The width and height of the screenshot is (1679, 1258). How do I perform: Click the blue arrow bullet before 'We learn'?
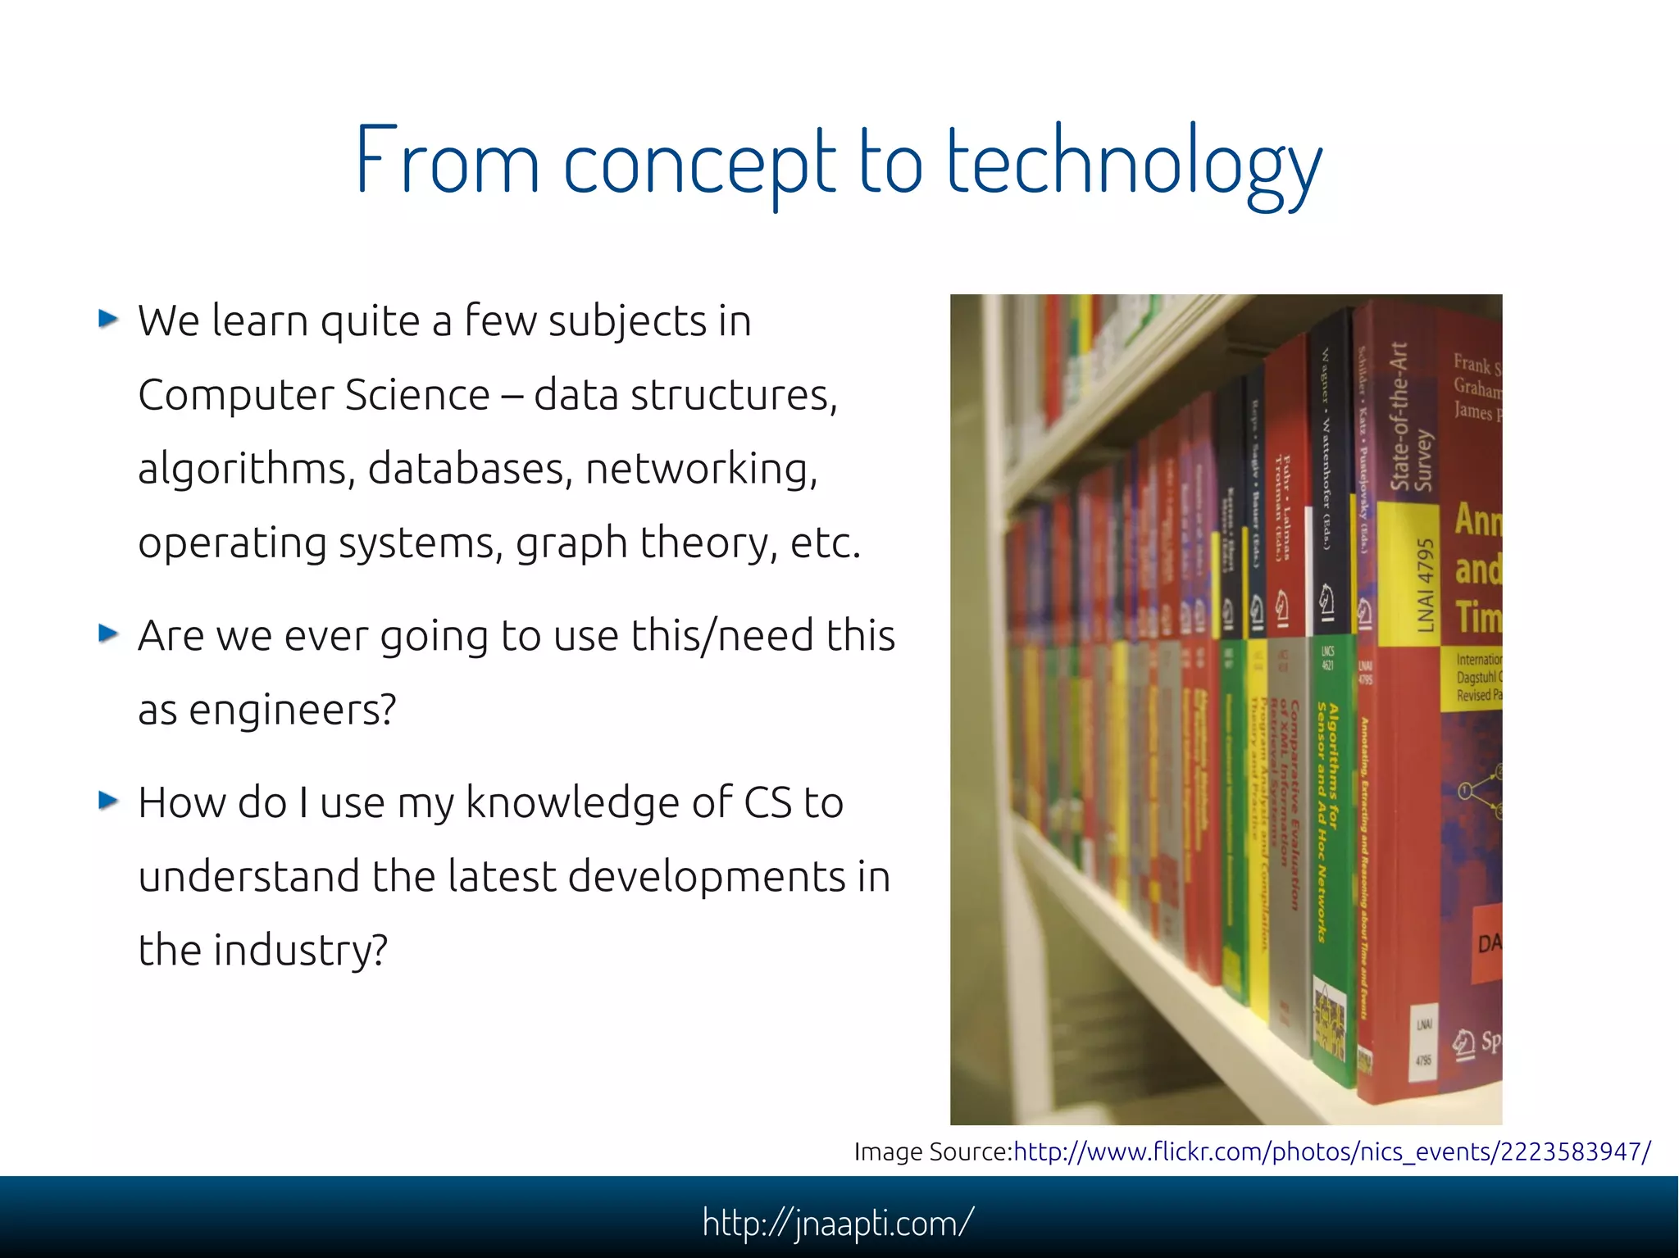pos(108,318)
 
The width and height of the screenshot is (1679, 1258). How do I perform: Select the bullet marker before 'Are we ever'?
pos(108,633)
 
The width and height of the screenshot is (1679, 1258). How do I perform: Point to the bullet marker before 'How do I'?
pos(108,800)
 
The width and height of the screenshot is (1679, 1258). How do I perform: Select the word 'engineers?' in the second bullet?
pos(293,710)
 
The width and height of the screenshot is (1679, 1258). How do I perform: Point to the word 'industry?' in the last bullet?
pos(300,950)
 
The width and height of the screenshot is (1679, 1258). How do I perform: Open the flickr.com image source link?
pos(1332,1151)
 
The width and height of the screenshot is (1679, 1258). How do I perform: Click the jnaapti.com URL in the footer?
pos(838,1223)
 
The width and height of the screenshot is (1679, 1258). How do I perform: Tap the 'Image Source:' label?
pos(933,1151)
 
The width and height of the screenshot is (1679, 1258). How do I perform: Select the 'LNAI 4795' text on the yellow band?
pos(1426,586)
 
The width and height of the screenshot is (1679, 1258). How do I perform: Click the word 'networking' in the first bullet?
pos(701,469)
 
